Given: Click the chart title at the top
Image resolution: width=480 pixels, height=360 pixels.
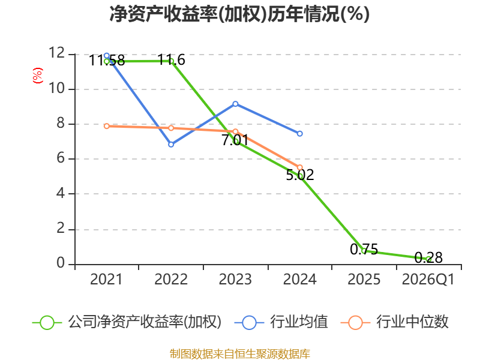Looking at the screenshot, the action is (x=239, y=14).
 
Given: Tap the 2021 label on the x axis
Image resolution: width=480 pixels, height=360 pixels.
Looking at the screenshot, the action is (x=106, y=279).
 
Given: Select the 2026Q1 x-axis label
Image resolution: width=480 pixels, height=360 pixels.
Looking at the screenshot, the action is (x=428, y=279).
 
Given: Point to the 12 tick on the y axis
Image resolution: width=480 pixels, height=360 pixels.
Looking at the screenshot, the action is (x=56, y=53).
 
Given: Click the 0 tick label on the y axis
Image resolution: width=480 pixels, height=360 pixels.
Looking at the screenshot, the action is (x=61, y=263).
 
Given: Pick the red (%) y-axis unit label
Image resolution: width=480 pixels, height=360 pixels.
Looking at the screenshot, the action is (x=38, y=76).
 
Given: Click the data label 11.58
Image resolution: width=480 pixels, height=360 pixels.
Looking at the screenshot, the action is (x=107, y=61).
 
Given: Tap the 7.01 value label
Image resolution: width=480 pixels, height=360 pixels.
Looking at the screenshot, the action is (x=235, y=140).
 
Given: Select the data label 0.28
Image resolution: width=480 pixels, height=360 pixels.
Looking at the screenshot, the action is (x=428, y=257).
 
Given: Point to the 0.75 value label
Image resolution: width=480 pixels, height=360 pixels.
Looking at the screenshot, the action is (x=364, y=249).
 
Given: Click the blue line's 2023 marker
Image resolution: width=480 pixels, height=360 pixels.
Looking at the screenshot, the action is (x=235, y=104).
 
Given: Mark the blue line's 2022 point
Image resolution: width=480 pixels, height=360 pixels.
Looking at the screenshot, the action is (x=171, y=144).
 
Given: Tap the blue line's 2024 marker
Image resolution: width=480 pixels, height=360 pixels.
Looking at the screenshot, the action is (x=300, y=133).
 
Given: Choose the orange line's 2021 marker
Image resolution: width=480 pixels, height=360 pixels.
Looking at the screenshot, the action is (x=107, y=126).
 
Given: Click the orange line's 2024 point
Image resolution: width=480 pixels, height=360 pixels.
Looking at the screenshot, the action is (x=300, y=167).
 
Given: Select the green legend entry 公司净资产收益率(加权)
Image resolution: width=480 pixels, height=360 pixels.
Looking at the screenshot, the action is (x=127, y=322).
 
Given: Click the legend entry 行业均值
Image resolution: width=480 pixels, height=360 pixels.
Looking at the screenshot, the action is (x=281, y=322).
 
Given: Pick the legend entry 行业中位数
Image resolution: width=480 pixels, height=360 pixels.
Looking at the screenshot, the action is (x=394, y=322).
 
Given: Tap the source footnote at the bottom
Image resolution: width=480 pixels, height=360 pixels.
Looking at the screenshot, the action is (x=240, y=354).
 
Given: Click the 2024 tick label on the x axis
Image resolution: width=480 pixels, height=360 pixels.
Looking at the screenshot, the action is (x=299, y=279).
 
